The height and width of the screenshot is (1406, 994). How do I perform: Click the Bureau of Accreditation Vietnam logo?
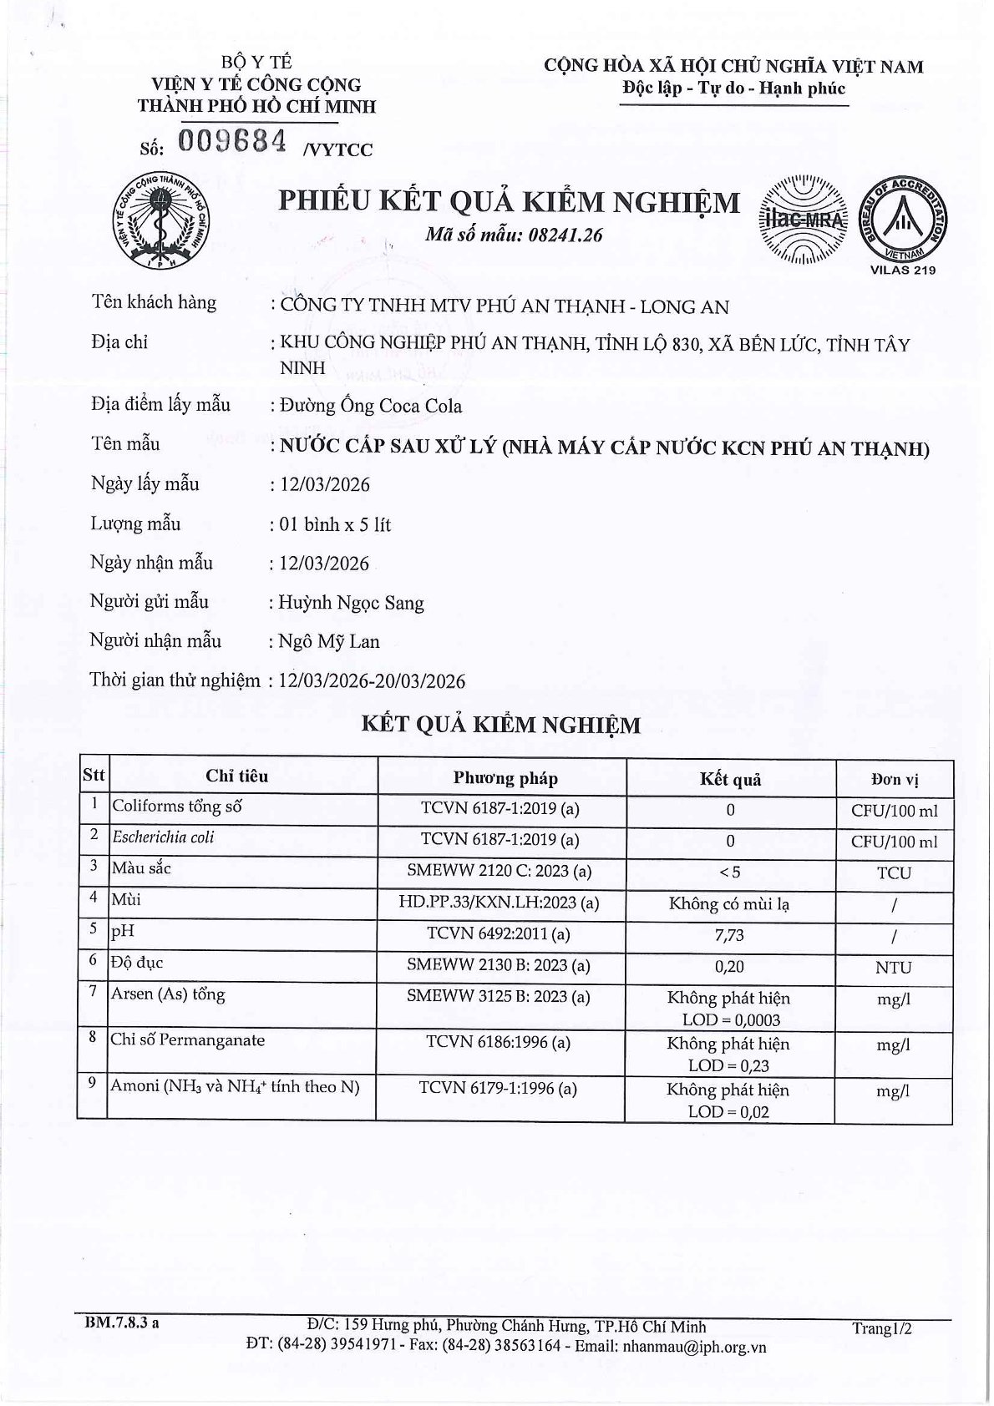904,220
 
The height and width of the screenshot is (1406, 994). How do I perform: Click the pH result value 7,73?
730,935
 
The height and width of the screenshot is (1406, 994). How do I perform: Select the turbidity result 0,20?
730,967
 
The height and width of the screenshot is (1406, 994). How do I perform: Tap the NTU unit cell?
894,968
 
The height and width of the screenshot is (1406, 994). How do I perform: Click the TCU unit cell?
894,873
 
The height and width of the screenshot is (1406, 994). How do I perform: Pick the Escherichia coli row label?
164,837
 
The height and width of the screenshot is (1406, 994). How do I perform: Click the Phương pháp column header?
505,778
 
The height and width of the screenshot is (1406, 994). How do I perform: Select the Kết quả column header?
730,780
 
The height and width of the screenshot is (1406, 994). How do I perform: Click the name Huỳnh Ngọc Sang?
352,603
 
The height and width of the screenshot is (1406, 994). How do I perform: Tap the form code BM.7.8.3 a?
122,1323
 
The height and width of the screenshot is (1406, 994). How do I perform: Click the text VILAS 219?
903,270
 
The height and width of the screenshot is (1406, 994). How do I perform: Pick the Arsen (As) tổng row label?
169,994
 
